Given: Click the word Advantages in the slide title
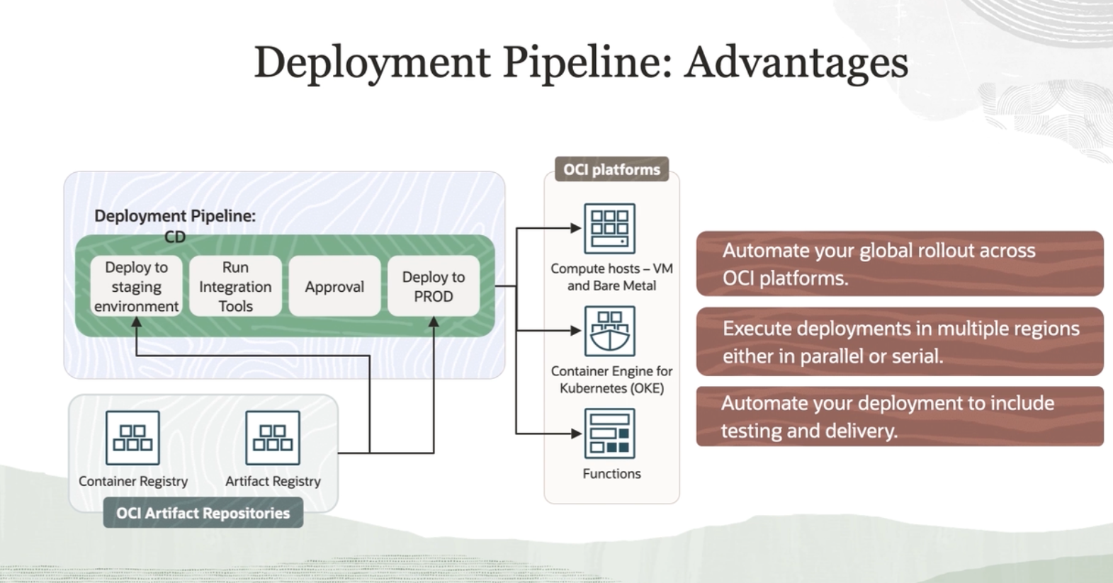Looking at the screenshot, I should pos(796,62).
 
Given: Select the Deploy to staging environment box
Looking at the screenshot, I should pos(136,286).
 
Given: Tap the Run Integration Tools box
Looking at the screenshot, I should pos(235,286).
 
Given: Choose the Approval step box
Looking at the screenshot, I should pos(334,286).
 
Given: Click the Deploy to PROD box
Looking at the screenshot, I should pos(434,286).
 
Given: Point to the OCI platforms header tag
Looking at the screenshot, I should pos(611,169).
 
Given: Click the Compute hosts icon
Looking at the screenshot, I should pos(609,228).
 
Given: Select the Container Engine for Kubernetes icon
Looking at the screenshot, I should pos(609,331).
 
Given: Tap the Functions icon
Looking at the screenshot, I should pos(609,434).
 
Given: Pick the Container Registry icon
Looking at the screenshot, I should pos(132,438).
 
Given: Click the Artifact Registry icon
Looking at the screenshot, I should pos(273,438).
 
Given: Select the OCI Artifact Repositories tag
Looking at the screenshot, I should pos(203,513).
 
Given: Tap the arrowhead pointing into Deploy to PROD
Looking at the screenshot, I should pos(434,322).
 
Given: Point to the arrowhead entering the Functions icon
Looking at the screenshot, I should pos(576,433).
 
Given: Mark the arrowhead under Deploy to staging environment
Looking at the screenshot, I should pos(136,322).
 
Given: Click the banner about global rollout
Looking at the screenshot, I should pos(900,264).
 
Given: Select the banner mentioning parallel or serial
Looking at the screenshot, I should pos(900,341).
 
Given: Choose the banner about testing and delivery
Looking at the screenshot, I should pos(900,417).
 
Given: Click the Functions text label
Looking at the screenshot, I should pos(611,473).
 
